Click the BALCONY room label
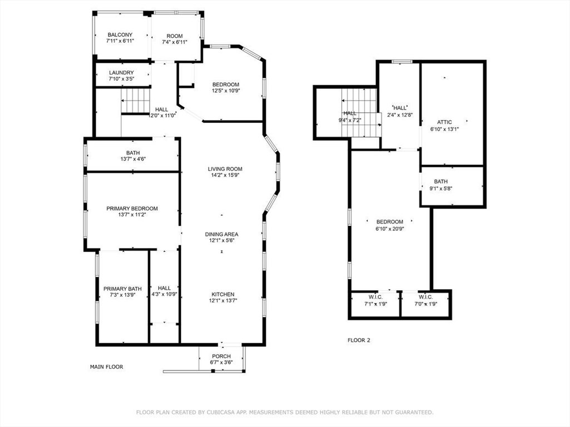click(120, 35)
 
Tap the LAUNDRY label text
click(121, 73)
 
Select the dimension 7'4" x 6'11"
click(174, 42)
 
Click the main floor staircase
click(136, 101)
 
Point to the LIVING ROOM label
click(225, 169)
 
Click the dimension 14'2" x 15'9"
click(225, 175)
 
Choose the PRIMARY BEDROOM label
click(132, 208)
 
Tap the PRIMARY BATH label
click(122, 289)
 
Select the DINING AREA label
click(222, 234)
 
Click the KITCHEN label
click(223, 294)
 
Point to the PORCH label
click(222, 356)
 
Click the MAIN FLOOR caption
click(106, 367)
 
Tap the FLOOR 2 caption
click(359, 340)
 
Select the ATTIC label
click(445, 122)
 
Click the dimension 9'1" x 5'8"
click(441, 188)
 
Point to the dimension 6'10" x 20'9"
click(390, 229)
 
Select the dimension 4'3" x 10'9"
click(164, 294)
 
